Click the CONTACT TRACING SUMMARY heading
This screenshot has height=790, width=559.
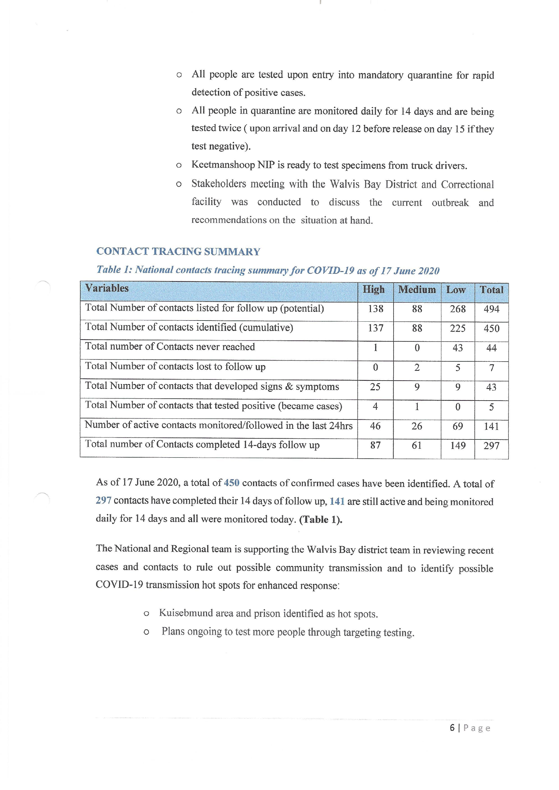click(x=178, y=252)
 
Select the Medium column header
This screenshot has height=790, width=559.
click(x=417, y=289)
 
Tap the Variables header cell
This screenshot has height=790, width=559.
click(x=107, y=288)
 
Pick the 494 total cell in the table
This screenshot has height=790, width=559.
click(x=491, y=309)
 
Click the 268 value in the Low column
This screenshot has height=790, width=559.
click(x=458, y=309)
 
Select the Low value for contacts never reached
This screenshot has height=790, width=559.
click(x=458, y=348)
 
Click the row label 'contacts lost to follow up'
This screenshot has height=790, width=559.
click(x=175, y=366)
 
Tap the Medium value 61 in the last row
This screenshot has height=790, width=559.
click(x=416, y=446)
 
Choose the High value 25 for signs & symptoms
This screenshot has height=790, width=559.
click(x=375, y=387)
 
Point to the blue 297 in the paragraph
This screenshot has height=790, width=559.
click(x=103, y=500)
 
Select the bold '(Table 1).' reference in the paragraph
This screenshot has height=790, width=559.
click(x=320, y=519)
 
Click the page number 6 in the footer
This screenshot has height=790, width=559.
click(x=452, y=728)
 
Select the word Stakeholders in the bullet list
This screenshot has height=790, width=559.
click(x=219, y=184)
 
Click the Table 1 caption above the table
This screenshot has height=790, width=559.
click(x=268, y=270)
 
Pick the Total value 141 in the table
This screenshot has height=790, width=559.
click(x=491, y=426)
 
